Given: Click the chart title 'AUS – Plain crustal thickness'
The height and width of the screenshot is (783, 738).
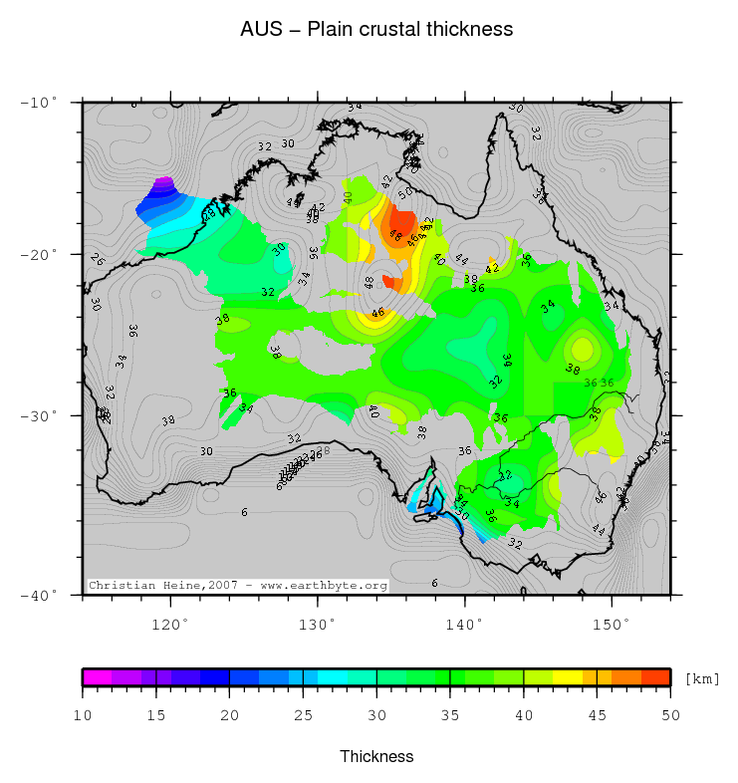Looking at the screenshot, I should [x=376, y=29].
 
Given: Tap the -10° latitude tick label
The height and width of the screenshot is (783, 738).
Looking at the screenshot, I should [x=40, y=102].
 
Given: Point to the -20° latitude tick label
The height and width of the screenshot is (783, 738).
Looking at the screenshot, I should [x=40, y=254].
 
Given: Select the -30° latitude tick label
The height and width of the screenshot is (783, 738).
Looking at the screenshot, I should [x=40, y=415].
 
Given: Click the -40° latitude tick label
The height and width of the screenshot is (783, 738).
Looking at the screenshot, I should [x=40, y=595].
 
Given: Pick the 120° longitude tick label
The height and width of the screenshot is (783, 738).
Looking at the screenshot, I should [x=169, y=624].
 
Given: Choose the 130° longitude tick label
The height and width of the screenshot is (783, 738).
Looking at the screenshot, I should [x=317, y=624].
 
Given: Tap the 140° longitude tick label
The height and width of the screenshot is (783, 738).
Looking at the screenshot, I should [x=464, y=624].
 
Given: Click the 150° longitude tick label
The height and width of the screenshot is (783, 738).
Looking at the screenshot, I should [x=612, y=624].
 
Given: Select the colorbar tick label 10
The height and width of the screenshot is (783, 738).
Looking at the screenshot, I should [x=83, y=714].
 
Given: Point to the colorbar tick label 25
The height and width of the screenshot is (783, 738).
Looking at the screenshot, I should [x=303, y=714].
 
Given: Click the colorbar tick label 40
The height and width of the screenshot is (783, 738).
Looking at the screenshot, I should [x=524, y=714].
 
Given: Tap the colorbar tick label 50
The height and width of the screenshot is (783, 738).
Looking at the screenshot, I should [x=670, y=714].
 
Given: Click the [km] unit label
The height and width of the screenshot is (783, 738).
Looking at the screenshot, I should [x=701, y=678].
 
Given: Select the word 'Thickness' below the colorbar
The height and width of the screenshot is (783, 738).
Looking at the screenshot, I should [x=376, y=756].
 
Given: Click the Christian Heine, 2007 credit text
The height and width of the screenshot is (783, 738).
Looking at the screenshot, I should [x=237, y=586].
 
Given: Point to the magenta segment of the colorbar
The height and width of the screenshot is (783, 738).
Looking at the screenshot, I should [x=97, y=677].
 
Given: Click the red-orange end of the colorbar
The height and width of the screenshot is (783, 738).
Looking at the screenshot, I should [x=655, y=677].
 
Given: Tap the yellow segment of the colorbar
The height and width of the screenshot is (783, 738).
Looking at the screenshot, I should [x=568, y=677].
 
